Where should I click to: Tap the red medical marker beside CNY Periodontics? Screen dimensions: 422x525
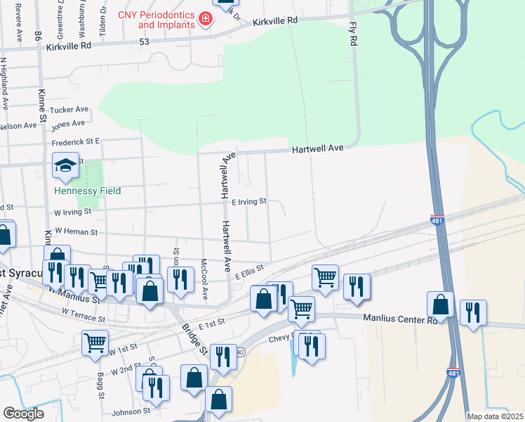click(206, 19)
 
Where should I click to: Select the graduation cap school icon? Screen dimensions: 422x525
click(65, 166)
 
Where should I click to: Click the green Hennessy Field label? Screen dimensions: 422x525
click(88, 191)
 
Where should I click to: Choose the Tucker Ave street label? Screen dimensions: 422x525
click(72, 110)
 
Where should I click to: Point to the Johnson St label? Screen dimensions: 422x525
click(131, 411)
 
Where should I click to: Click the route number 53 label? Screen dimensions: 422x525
click(144, 42)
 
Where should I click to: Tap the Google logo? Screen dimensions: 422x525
click(23, 414)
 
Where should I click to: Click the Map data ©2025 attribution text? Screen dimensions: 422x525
click(495, 416)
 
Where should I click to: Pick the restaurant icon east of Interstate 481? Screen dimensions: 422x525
click(473, 313)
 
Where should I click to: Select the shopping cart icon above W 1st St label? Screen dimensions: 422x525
click(95, 343)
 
